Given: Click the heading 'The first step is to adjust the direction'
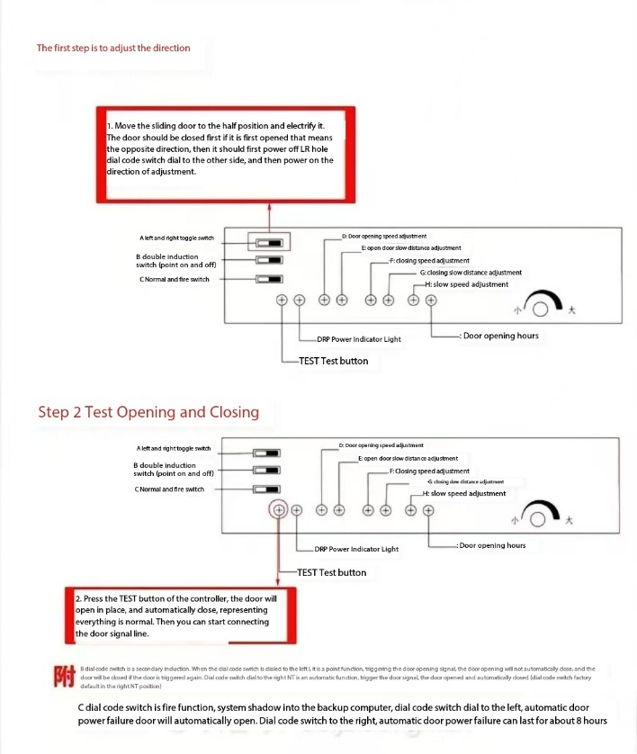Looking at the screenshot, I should (x=113, y=48).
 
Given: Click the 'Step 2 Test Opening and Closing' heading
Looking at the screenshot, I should (x=148, y=412).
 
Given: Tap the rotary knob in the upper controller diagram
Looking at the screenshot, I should (x=541, y=308).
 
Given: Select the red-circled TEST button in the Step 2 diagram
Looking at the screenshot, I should (x=279, y=510).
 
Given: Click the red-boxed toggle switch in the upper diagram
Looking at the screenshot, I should (x=269, y=242).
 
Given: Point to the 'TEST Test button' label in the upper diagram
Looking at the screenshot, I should (x=333, y=361).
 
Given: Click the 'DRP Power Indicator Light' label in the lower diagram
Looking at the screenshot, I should (x=356, y=549).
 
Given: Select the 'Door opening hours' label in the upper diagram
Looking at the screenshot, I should (x=500, y=336).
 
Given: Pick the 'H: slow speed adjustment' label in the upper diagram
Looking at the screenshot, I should (x=470, y=284).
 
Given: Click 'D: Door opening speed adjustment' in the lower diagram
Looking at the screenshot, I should (x=381, y=444).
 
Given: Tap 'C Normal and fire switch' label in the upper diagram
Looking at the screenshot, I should (x=175, y=279).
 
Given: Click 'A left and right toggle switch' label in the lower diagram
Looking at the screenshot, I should (x=174, y=448).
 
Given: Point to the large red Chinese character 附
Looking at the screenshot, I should (x=62, y=676).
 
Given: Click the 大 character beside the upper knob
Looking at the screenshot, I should (x=570, y=310).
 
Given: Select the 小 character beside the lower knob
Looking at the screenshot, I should (x=514, y=520).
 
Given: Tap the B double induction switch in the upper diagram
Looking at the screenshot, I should (x=269, y=261).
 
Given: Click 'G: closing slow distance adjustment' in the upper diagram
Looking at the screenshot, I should (x=471, y=273).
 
